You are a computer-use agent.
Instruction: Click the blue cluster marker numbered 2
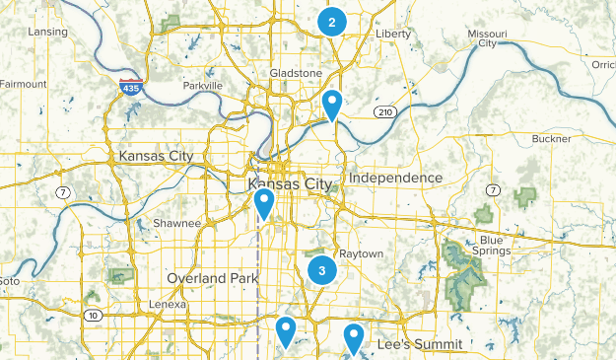[332, 22]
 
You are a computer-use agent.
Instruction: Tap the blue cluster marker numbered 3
[321, 269]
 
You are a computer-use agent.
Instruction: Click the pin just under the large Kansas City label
[264, 203]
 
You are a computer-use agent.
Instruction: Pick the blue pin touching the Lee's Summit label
[354, 339]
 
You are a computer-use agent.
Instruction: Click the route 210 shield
[385, 112]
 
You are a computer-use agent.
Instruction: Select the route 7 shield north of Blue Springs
[492, 188]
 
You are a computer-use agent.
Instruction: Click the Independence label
[395, 178]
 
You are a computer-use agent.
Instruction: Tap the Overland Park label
[212, 278]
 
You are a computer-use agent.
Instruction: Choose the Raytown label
[360, 253]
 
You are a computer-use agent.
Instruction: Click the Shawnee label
[176, 224]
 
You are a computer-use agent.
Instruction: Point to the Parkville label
[202, 86]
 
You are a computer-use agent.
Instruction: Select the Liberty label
[393, 34]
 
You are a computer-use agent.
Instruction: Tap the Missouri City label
[487, 38]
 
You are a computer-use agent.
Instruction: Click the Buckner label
[550, 140]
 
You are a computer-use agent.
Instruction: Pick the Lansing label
[48, 32]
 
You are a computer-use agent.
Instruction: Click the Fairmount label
[22, 85]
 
